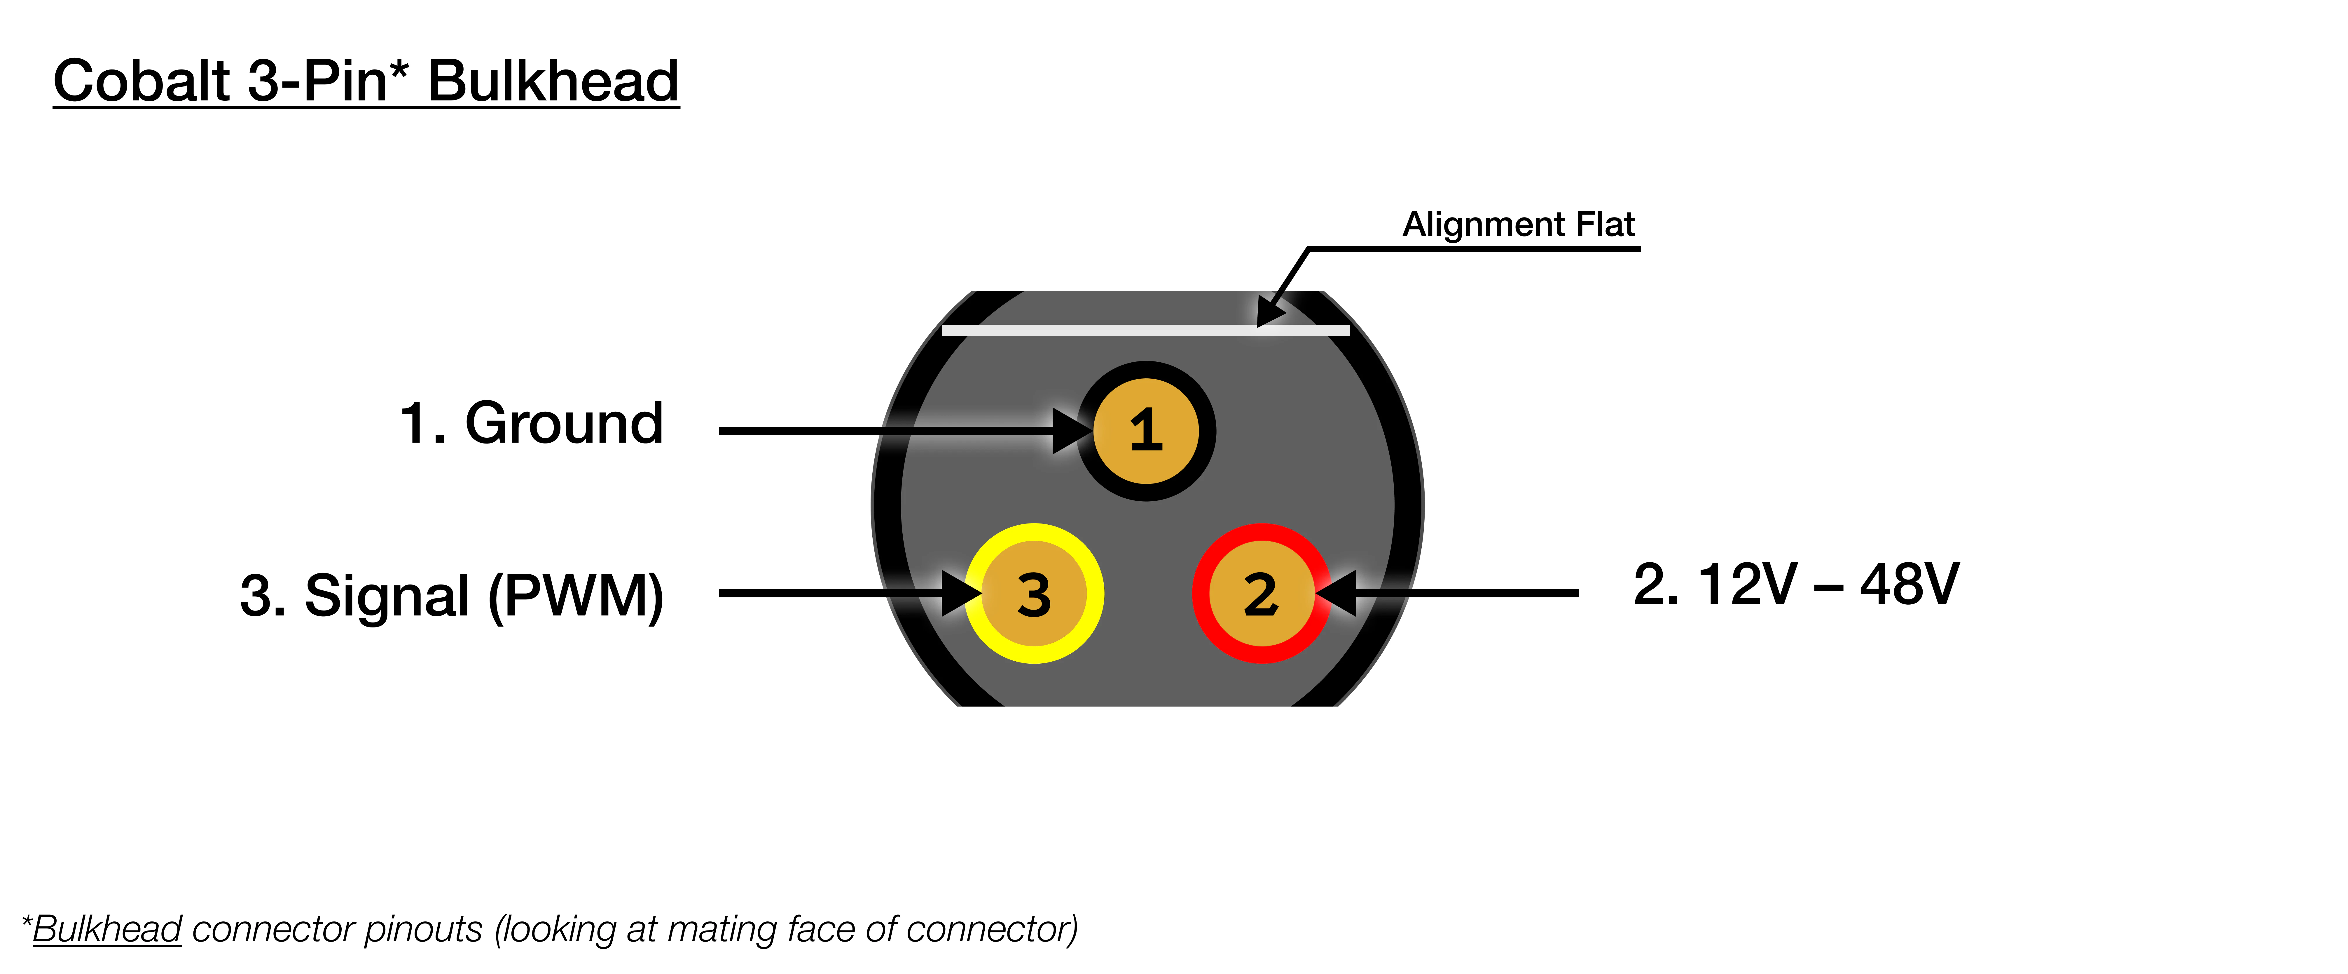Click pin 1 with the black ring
1146,430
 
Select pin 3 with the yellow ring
1034,594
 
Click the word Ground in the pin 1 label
564,424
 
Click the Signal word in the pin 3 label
387,596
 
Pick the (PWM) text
576,596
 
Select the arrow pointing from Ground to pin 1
893,430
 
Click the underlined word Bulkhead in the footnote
108,929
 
